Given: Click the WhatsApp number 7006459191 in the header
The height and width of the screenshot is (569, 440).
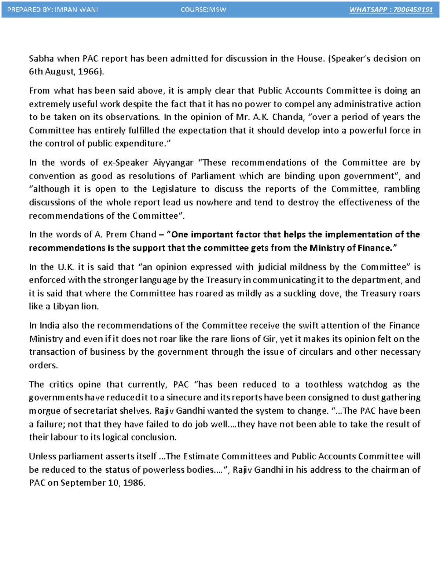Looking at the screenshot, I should click(x=413, y=10).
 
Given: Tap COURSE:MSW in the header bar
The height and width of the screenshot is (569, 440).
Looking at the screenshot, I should click(x=203, y=10).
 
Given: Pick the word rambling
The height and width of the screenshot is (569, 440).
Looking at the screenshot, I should click(x=402, y=189).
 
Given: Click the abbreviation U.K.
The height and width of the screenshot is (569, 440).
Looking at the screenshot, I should click(x=66, y=267).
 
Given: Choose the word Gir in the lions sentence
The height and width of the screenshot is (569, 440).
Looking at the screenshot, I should click(x=269, y=339).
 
